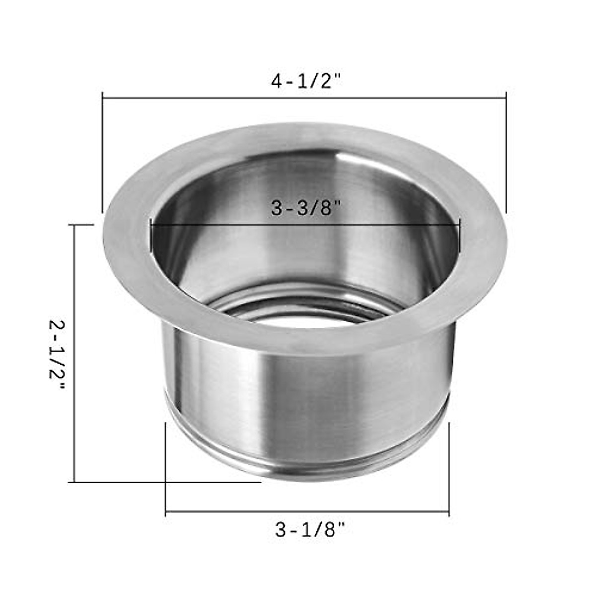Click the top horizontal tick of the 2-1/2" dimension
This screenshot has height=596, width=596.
click(x=83, y=225)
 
